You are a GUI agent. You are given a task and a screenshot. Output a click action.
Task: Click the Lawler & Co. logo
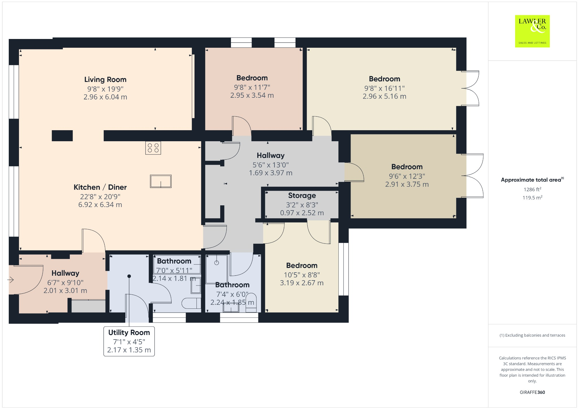pyautogui.click(x=532, y=31)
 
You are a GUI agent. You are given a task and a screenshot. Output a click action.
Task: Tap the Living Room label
pyautogui.click(x=105, y=80)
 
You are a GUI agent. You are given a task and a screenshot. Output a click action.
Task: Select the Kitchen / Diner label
pyautogui.click(x=100, y=187)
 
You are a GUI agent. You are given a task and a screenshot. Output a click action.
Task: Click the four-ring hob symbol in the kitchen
pyautogui.click(x=153, y=148)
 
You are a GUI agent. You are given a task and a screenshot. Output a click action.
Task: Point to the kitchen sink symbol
pyautogui.click(x=161, y=181)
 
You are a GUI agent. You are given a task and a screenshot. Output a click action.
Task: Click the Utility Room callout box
pyautogui.click(x=129, y=341)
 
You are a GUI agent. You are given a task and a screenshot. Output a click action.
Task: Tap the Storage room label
pyautogui.click(x=302, y=195)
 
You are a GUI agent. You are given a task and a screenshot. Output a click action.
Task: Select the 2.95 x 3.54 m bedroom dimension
pyautogui.click(x=252, y=95)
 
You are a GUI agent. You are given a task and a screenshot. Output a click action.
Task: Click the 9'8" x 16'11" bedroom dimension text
pyautogui.click(x=384, y=88)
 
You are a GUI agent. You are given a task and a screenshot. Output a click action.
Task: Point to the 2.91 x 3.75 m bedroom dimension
pyautogui.click(x=407, y=184)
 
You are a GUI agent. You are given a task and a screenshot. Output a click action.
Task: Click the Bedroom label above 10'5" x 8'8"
pyautogui.click(x=302, y=266)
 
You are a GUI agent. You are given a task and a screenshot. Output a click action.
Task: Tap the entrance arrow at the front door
pyautogui.click(x=11, y=280)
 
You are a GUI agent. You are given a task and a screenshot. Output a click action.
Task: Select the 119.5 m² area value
pyautogui.click(x=532, y=198)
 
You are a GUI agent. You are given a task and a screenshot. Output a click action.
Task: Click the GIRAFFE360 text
pyautogui.click(x=532, y=392)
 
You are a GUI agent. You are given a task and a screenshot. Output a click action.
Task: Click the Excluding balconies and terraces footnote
pyautogui.click(x=532, y=335)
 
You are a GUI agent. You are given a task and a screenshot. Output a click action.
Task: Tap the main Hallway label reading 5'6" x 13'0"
pyautogui.click(x=271, y=156)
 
